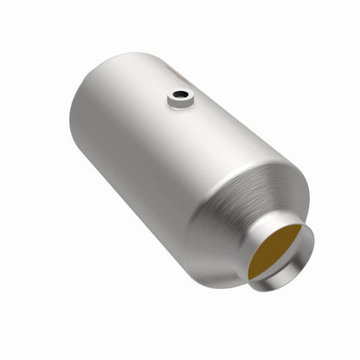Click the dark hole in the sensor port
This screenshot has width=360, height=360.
[182, 96]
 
